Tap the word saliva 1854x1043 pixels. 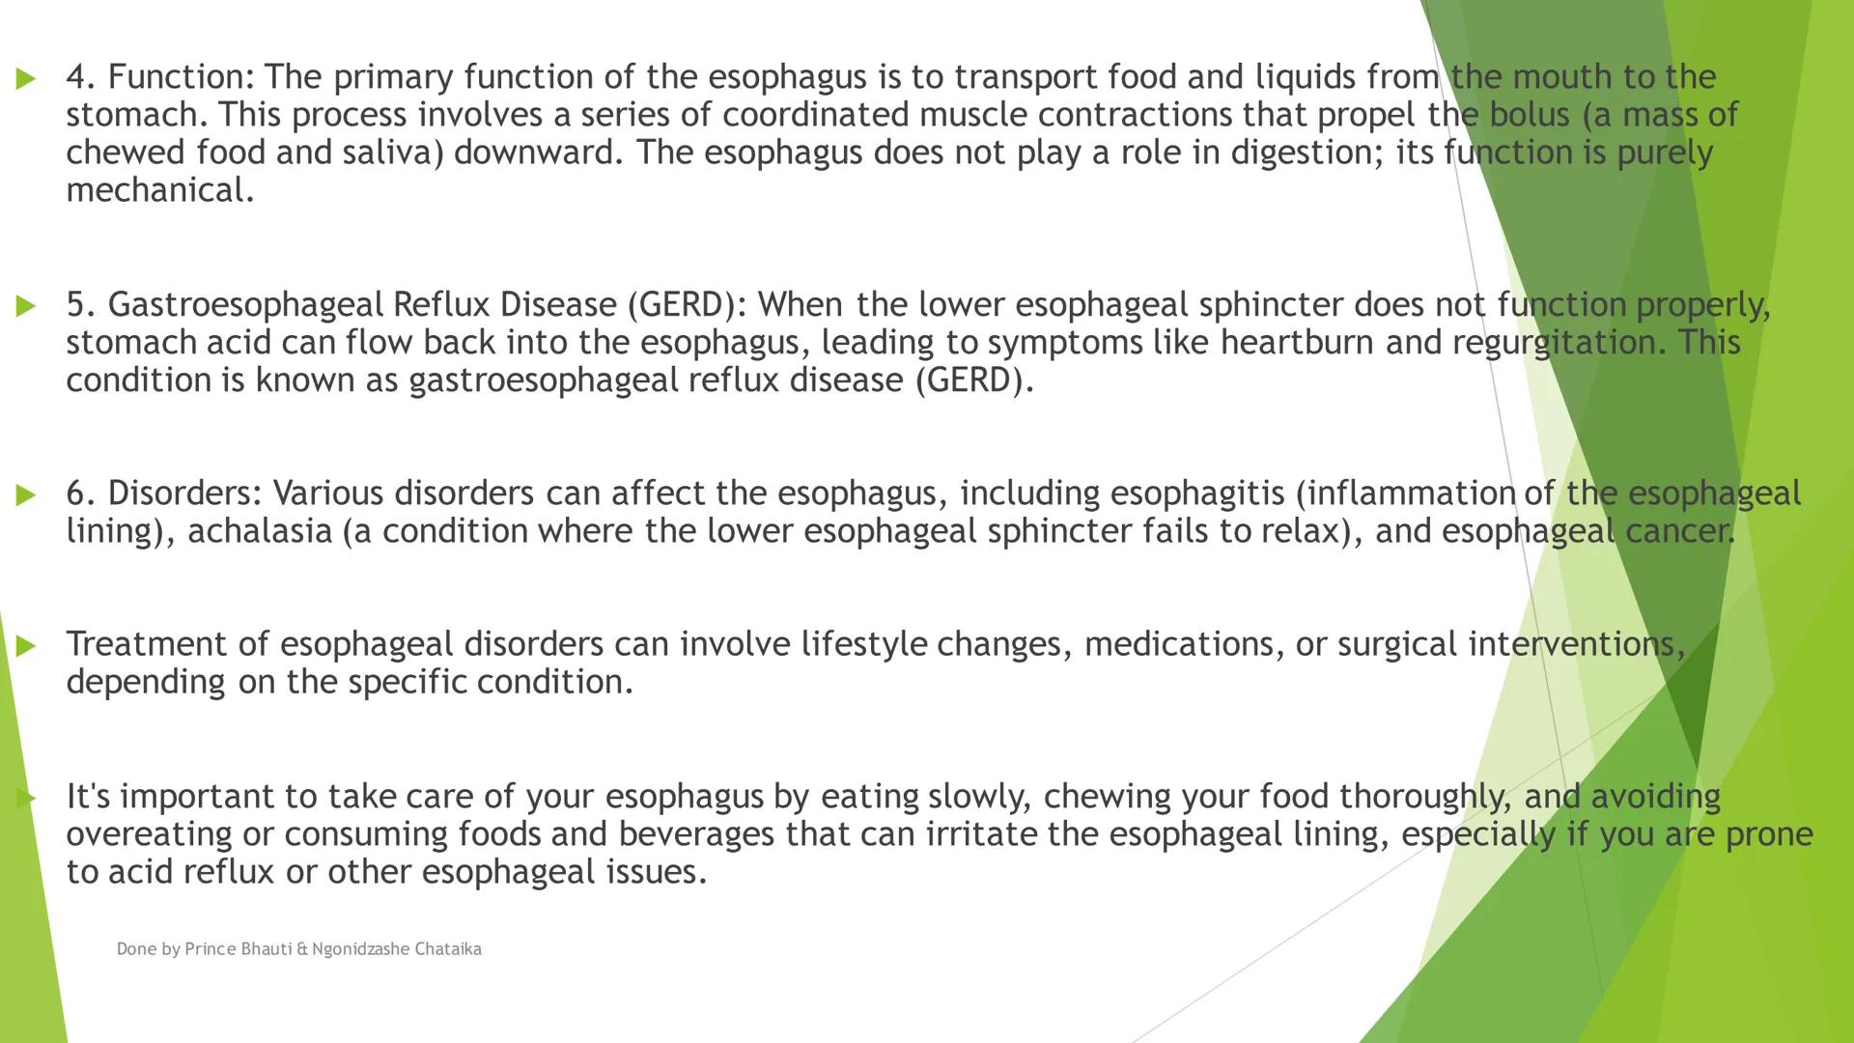click(392, 153)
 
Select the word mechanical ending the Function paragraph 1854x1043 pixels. click(159, 190)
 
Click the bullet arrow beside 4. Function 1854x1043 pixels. click(26, 78)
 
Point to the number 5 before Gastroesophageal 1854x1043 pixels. click(80, 304)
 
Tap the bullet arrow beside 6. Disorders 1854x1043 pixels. click(26, 495)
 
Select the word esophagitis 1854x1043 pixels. click(1196, 493)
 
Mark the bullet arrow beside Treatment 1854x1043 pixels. click(26, 646)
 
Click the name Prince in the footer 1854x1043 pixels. click(210, 949)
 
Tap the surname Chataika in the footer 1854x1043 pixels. click(447, 949)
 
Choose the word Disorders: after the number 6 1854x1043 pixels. click(184, 493)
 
